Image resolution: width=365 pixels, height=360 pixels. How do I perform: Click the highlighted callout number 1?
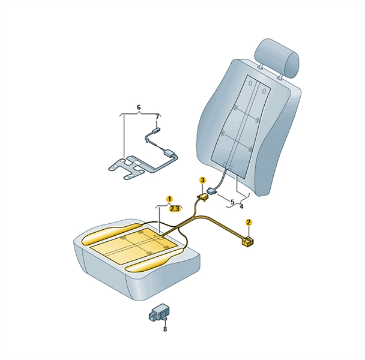click(169, 199)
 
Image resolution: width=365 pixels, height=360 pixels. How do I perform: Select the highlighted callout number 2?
click(249, 222)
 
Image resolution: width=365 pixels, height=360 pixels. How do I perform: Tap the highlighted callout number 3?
click(202, 180)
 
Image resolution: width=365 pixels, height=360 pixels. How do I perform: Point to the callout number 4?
click(241, 206)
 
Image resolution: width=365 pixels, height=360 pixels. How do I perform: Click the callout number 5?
click(232, 202)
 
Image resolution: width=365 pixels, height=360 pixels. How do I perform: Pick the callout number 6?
click(139, 107)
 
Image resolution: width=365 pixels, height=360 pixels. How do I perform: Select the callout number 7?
click(157, 116)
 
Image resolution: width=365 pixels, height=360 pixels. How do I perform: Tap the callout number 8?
click(165, 329)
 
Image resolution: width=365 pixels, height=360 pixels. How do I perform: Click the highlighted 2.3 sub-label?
click(175, 209)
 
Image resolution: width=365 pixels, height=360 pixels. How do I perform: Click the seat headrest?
click(277, 58)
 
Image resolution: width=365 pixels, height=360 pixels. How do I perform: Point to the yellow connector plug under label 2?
click(247, 241)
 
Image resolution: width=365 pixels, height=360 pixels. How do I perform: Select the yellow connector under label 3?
click(203, 197)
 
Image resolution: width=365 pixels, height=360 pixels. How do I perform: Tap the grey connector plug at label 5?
click(211, 191)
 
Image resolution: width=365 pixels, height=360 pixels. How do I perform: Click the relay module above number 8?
click(159, 313)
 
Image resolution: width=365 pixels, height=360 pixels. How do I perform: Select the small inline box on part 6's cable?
click(169, 152)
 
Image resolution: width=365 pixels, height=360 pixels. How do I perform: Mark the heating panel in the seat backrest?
click(241, 127)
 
